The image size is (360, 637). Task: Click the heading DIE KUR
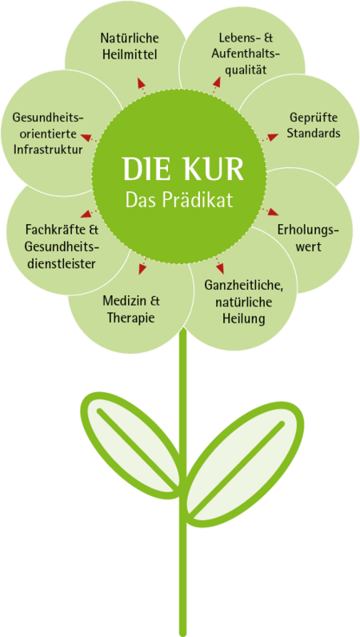183,169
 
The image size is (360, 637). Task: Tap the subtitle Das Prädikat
179,199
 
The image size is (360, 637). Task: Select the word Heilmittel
130,54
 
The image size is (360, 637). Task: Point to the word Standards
314,134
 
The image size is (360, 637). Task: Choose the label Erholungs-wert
308,238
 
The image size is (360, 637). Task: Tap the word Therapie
130,317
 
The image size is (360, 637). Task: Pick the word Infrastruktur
48,150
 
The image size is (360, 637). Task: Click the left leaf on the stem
130,444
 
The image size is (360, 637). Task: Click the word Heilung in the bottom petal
243,318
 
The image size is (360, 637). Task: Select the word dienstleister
60,263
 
